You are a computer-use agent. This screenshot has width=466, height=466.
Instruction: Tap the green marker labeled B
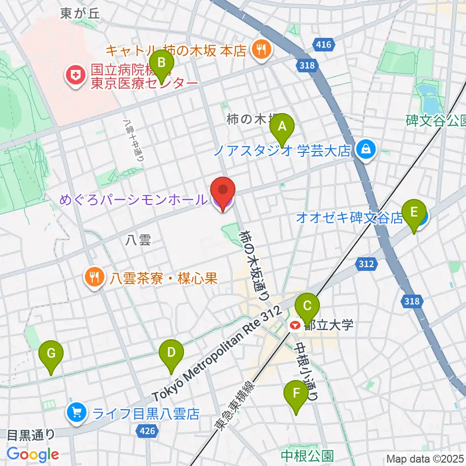tap(161, 63)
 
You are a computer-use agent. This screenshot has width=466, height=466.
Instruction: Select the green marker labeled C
tap(307, 306)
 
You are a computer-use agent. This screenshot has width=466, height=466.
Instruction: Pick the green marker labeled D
tap(171, 352)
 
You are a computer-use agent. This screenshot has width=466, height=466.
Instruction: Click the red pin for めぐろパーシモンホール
tap(222, 193)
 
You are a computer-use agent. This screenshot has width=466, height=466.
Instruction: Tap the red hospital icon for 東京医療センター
tap(76, 75)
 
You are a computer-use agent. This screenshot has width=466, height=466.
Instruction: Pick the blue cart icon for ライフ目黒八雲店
tap(76, 414)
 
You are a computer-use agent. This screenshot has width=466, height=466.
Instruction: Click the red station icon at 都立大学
tap(294, 326)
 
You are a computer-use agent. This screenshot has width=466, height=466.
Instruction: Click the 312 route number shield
tap(366, 264)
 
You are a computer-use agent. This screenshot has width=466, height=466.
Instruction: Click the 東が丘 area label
tap(80, 14)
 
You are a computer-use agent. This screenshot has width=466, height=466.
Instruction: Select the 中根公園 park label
tap(307, 455)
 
